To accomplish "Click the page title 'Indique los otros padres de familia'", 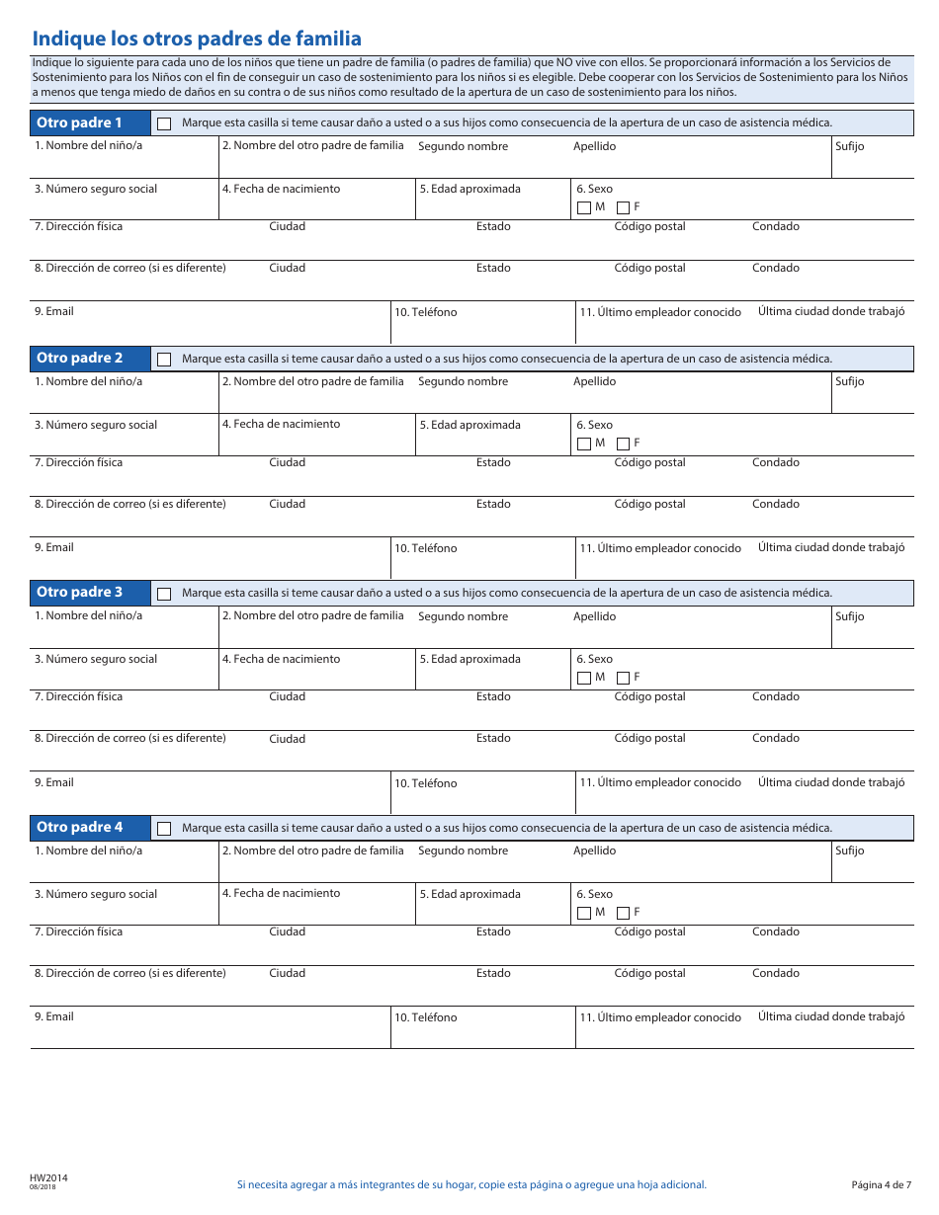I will click(x=197, y=39).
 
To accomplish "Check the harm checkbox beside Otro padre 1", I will click(x=164, y=123).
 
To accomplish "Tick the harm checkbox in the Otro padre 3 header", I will click(x=164, y=594).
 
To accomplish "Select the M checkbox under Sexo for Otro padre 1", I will click(x=583, y=207).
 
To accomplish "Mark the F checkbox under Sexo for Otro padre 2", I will click(x=623, y=444).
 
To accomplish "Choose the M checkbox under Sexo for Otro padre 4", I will click(x=583, y=913).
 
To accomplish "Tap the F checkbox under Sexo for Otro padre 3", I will click(x=623, y=678).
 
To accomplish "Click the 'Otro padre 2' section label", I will click(x=80, y=358).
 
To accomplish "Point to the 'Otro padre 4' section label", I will click(x=80, y=827).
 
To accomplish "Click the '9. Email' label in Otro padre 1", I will click(x=54, y=311).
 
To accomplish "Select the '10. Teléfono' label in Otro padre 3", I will click(x=426, y=783).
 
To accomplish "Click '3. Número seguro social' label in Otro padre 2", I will click(x=96, y=425).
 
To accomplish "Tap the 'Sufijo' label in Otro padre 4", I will click(x=849, y=850).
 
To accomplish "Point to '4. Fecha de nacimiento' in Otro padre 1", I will click(x=281, y=189).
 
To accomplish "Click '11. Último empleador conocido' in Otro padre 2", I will click(x=660, y=548).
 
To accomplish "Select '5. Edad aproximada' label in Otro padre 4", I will click(x=469, y=894).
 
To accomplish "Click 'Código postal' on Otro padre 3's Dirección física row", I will click(x=649, y=696).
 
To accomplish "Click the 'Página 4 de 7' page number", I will click(x=881, y=1184).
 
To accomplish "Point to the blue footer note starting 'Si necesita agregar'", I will click(x=471, y=1184).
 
